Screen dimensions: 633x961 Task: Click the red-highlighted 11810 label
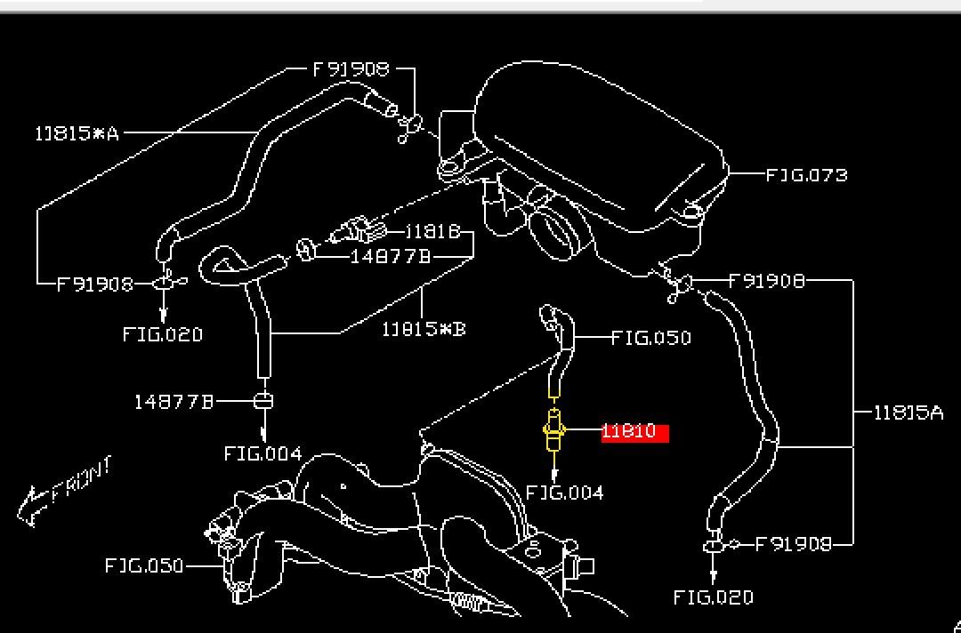[x=634, y=433]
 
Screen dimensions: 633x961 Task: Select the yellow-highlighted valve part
[x=553, y=431]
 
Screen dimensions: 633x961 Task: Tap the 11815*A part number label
[x=77, y=133]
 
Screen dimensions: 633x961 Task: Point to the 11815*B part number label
[x=424, y=330]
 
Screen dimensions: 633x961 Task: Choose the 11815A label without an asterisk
[x=908, y=413]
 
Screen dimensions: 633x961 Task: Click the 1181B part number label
[x=432, y=232]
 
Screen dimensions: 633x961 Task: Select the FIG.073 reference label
[x=806, y=175]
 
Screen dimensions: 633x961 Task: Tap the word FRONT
[x=82, y=481]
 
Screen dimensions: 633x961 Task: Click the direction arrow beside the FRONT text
[x=31, y=506]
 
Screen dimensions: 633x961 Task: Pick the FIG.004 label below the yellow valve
[x=564, y=493]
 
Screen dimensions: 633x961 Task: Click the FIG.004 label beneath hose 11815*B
[x=262, y=454]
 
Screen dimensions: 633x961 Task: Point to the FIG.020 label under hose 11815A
[x=713, y=597]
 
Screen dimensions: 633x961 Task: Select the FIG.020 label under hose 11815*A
[x=163, y=335]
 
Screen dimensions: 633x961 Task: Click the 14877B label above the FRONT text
[x=174, y=402]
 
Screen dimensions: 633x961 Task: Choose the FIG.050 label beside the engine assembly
[x=144, y=565]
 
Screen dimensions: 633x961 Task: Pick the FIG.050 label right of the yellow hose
[x=651, y=338]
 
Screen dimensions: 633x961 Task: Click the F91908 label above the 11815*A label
[x=351, y=68]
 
